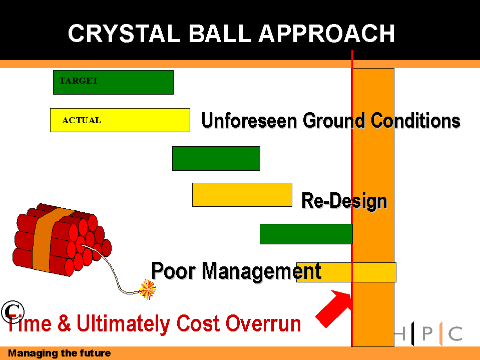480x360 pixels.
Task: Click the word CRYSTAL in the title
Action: [x=124, y=33]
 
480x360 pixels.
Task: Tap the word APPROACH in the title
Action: [x=327, y=33]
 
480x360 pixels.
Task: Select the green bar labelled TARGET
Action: [x=113, y=82]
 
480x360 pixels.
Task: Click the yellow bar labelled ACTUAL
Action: [x=120, y=120]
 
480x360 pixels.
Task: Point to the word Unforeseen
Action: [x=249, y=120]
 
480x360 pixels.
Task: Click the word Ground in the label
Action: [x=334, y=120]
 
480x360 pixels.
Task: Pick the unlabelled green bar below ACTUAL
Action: [x=216, y=158]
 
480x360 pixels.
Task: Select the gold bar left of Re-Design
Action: [x=242, y=195]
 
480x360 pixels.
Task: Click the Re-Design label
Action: [x=344, y=201]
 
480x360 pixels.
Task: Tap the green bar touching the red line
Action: [x=306, y=234]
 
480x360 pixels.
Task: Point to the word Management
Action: [x=262, y=271]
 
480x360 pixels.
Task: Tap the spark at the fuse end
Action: [x=148, y=289]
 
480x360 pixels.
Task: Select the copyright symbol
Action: [x=13, y=312]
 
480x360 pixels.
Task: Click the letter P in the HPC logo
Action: [x=427, y=333]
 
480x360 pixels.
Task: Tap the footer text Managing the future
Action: [x=60, y=353]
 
